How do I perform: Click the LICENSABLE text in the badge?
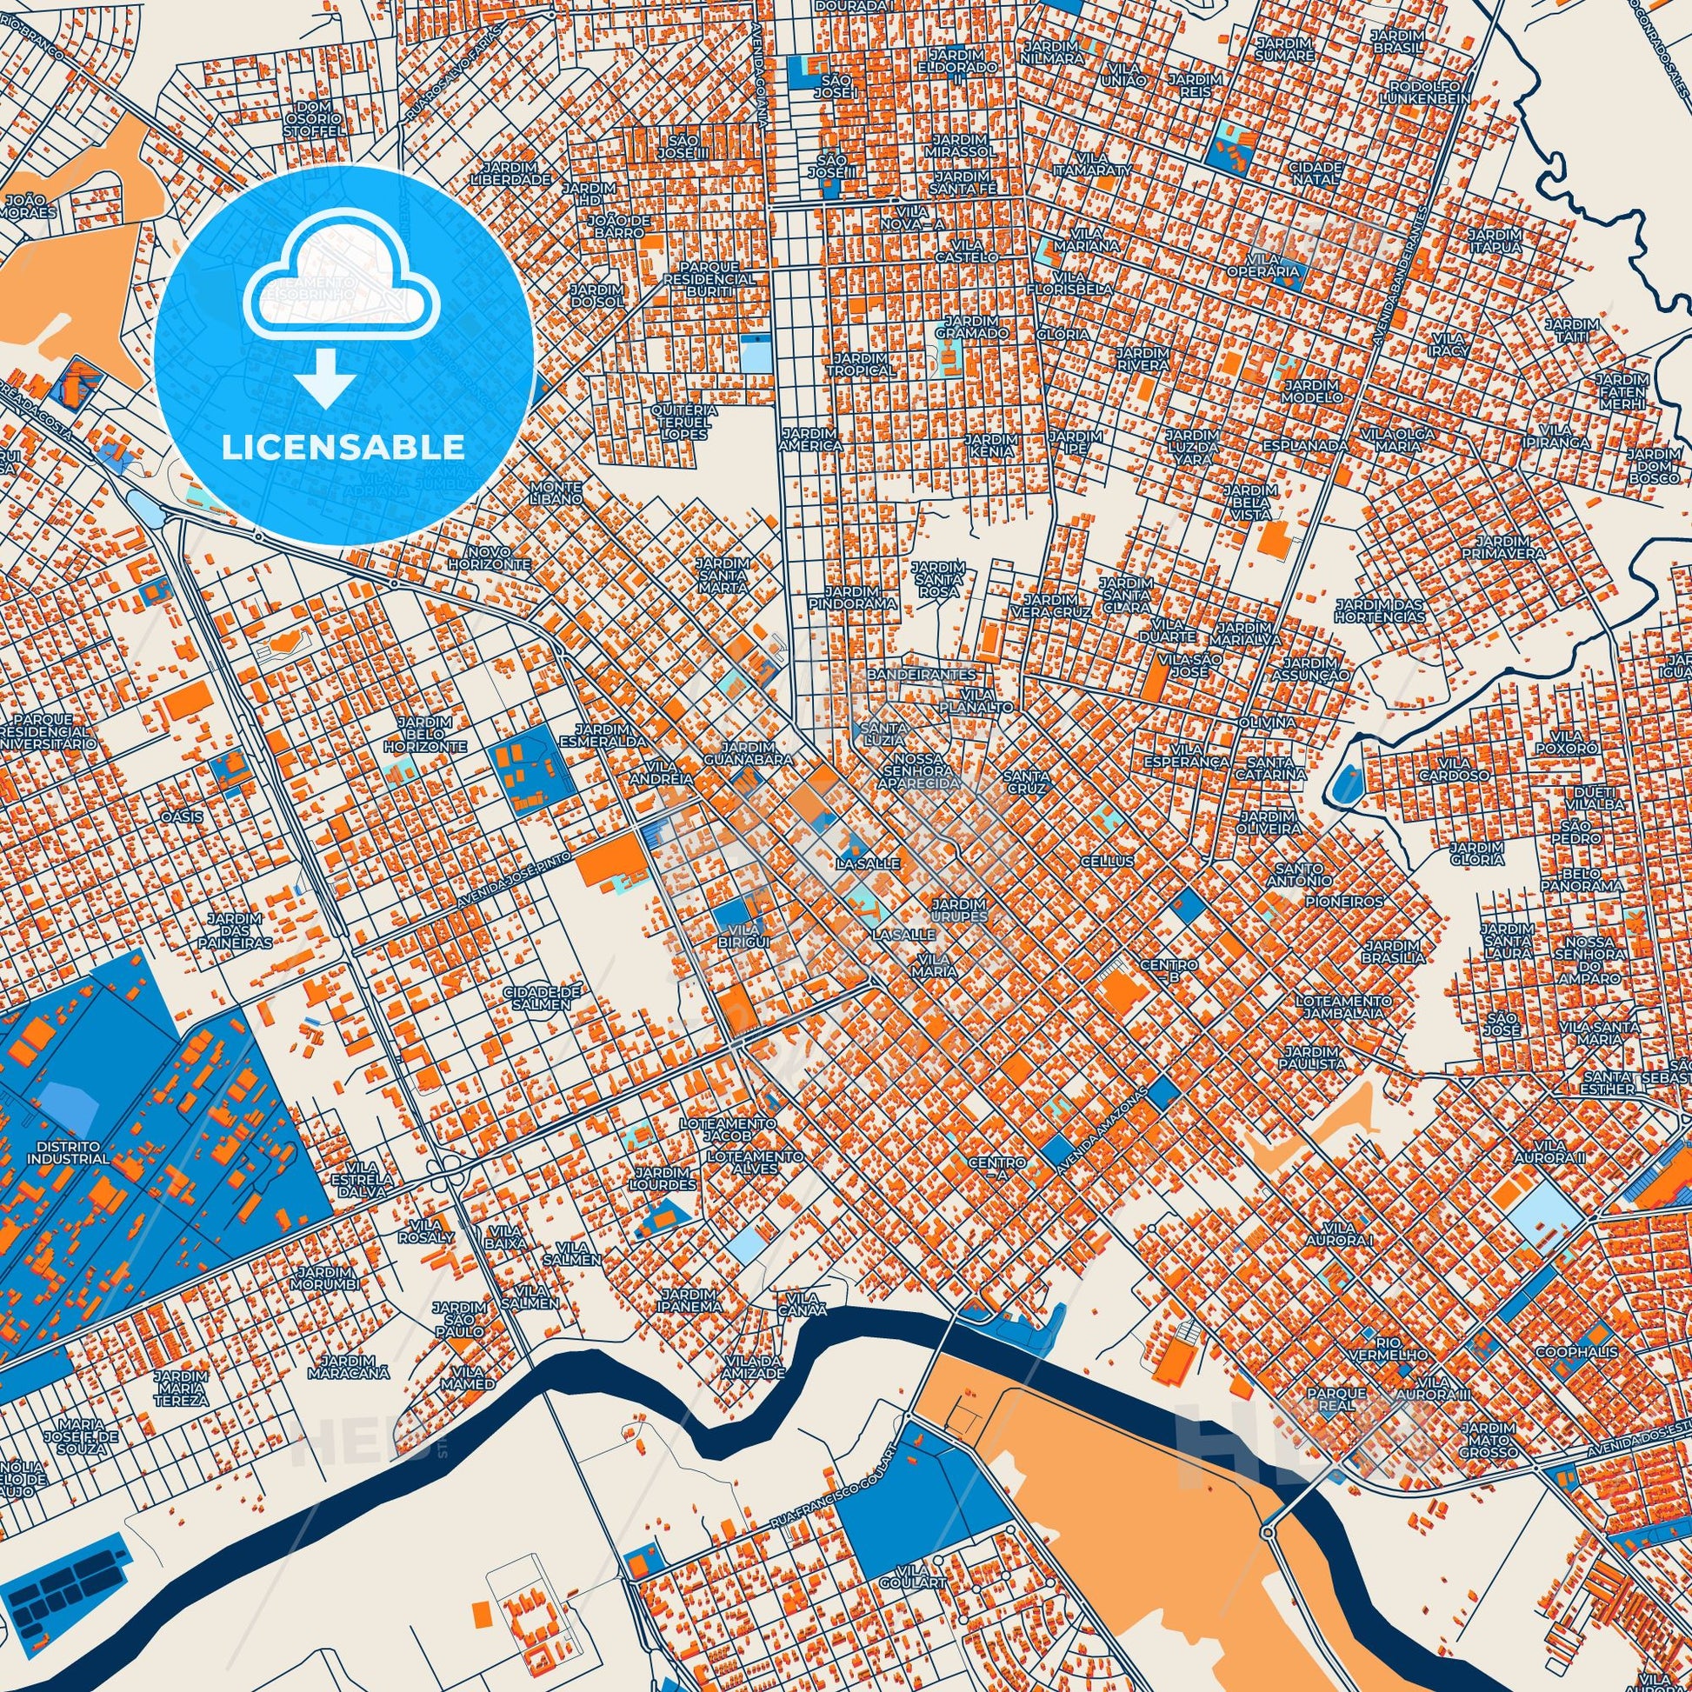pyautogui.click(x=343, y=447)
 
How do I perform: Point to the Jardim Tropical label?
pyautogui.click(x=864, y=364)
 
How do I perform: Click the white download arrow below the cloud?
pyautogui.click(x=325, y=376)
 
